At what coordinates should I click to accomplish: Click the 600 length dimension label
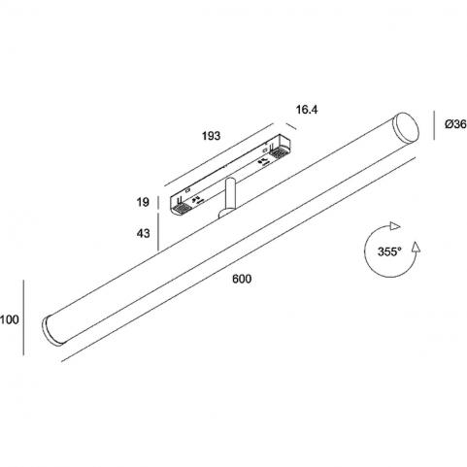point(242,279)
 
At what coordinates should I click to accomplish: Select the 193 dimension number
point(211,136)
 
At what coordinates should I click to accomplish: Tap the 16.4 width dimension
point(307,110)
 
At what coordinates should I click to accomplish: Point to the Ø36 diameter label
point(455,124)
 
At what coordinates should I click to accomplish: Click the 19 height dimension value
point(143,202)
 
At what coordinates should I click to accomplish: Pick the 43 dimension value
point(143,233)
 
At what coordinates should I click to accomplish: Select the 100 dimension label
point(10,319)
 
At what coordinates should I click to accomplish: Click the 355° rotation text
point(389,251)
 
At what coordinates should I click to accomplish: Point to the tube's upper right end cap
point(406,127)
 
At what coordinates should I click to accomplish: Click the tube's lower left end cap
point(53,330)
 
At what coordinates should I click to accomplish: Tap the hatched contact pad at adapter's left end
point(181,209)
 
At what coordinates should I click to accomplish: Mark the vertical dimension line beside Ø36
point(434,125)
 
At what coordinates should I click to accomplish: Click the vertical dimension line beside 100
point(23,317)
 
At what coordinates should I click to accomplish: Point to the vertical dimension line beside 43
point(158,232)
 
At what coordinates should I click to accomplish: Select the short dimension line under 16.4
point(290,126)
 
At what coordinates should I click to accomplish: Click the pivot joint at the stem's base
point(224,214)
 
